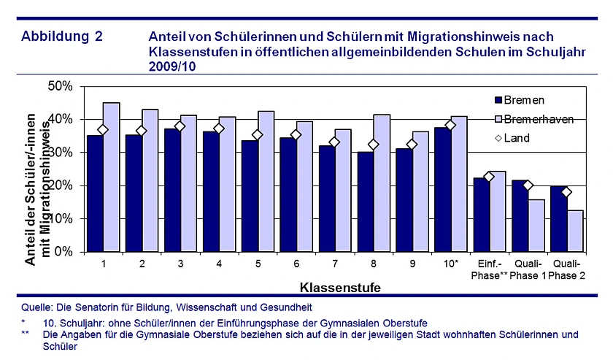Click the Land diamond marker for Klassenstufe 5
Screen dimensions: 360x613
[258, 134]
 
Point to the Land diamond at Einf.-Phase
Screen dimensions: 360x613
[490, 177]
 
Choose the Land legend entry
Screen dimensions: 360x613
[517, 137]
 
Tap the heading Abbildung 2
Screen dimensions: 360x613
[63, 36]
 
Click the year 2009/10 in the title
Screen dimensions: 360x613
[173, 66]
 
